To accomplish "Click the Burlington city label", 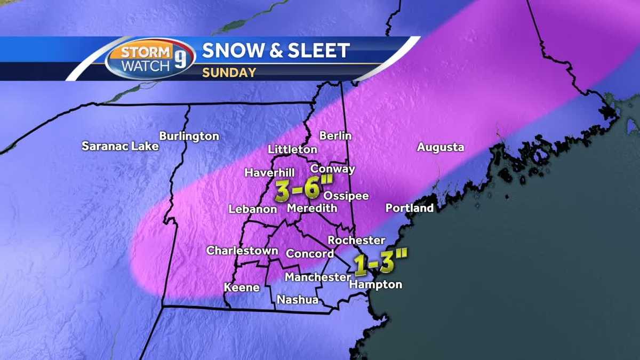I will [x=189, y=137].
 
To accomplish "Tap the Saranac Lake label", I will [x=120, y=146].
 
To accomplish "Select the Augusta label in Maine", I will [x=441, y=148].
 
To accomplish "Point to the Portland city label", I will [x=410, y=208].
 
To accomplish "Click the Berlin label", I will [x=335, y=136].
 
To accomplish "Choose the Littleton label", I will [x=293, y=149].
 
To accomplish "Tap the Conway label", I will [x=333, y=169].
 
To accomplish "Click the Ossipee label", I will [x=346, y=196].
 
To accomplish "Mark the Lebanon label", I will [x=253, y=209].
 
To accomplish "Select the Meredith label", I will [x=312, y=209].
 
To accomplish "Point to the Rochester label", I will [x=356, y=241].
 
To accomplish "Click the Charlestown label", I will [x=242, y=251].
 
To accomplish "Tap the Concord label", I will [x=310, y=254].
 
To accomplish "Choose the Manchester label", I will [x=318, y=277].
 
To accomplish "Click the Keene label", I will [x=242, y=287].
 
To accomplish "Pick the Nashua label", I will [x=298, y=300].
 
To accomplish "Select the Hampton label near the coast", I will [x=375, y=285].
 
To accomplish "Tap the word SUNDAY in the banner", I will [x=229, y=73].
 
